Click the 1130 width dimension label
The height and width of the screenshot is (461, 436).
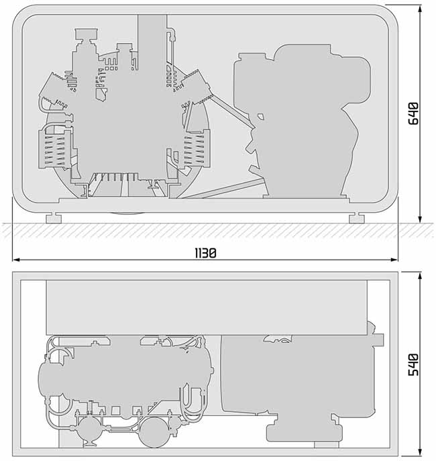206,253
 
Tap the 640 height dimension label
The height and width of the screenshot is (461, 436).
413,113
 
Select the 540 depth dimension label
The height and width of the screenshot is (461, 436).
413,364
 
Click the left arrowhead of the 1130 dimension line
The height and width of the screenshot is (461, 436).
17,260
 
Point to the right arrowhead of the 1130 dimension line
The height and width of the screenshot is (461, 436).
394,260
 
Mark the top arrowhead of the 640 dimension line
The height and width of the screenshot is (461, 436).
420,9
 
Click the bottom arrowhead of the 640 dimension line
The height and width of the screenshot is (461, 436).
420,219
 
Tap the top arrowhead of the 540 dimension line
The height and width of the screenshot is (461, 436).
420,276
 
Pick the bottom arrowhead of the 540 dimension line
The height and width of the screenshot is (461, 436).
420,452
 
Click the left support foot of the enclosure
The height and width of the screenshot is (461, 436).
54,218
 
